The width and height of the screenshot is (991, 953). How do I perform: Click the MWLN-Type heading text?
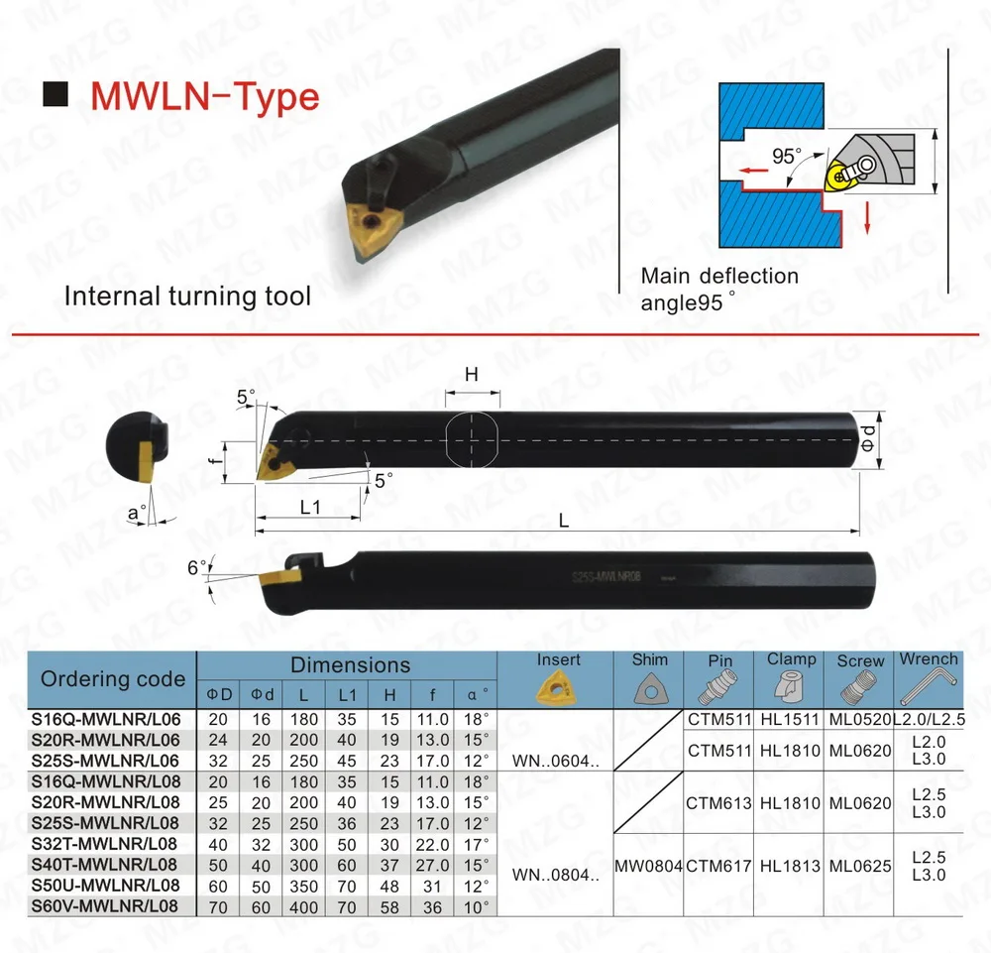pos(205,96)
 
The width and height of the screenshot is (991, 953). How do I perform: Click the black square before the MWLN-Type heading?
pos(57,95)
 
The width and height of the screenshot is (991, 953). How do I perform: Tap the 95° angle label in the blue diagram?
pos(786,156)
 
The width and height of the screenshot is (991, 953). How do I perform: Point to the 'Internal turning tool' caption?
pos(187,296)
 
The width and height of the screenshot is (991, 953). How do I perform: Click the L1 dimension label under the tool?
pos(310,507)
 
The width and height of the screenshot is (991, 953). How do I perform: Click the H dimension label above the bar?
pos(472,375)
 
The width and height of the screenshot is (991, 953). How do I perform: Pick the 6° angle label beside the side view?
pos(197,569)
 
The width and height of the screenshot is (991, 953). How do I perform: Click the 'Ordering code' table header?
pos(113,679)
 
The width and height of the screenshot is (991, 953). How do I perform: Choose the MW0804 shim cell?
pos(649,866)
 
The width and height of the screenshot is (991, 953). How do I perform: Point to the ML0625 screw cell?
pos(860,866)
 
